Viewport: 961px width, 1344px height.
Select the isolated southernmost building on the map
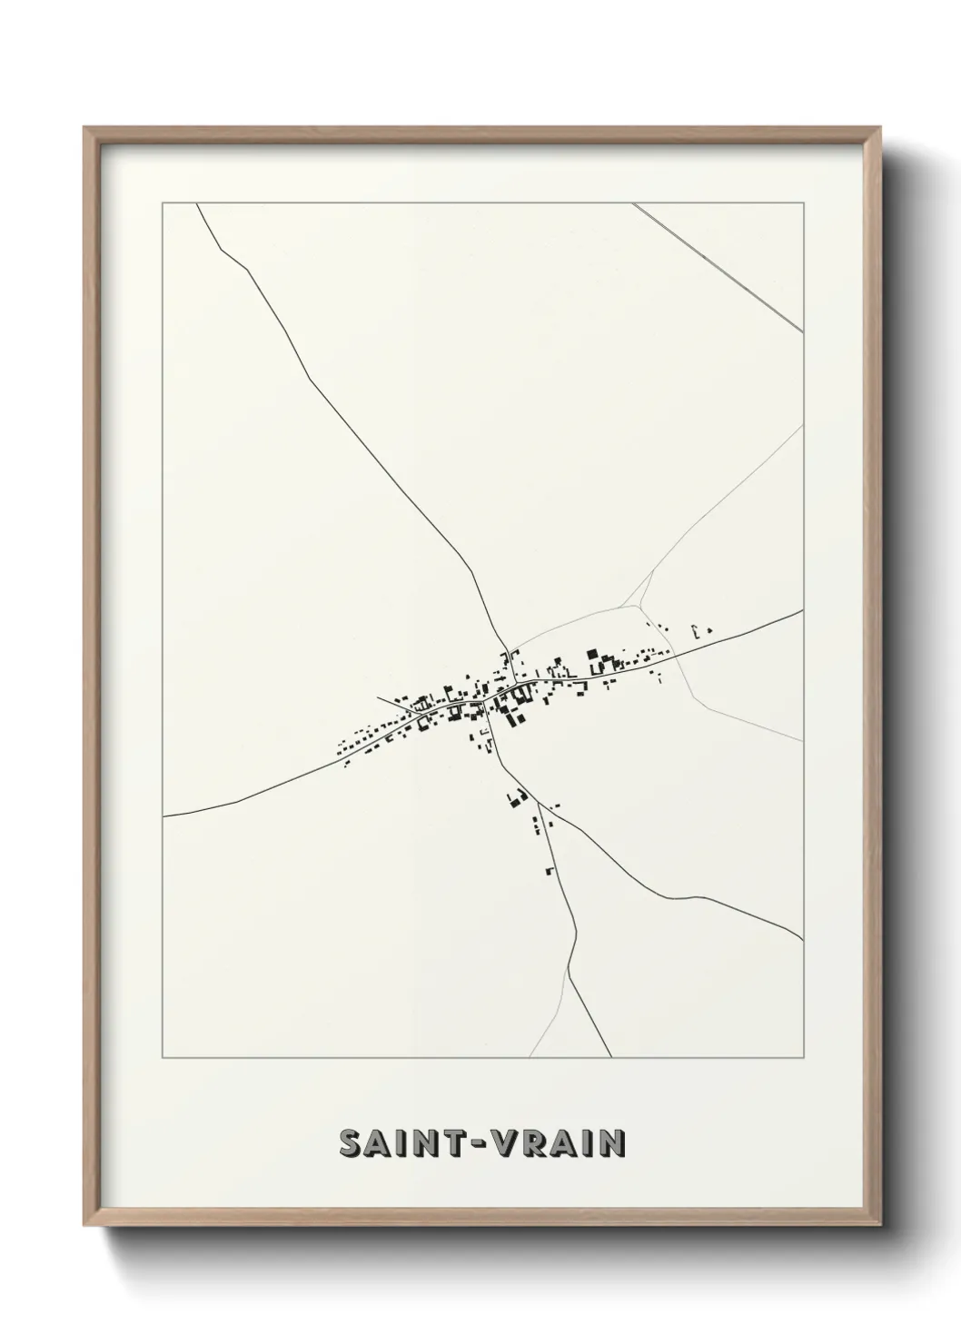(x=550, y=871)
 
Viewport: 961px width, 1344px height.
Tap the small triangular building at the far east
(x=710, y=628)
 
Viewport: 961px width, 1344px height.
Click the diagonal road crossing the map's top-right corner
(x=718, y=267)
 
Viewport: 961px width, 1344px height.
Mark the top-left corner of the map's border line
(x=163, y=203)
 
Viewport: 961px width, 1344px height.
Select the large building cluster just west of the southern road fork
(x=517, y=800)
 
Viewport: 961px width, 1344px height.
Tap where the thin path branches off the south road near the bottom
(x=568, y=969)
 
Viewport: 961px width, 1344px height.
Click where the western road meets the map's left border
(x=163, y=816)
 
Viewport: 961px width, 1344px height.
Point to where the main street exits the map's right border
(x=803, y=611)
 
